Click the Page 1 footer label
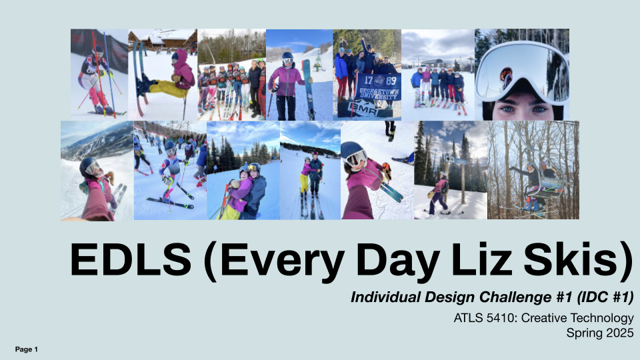(x=27, y=349)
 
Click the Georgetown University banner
(x=377, y=89)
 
